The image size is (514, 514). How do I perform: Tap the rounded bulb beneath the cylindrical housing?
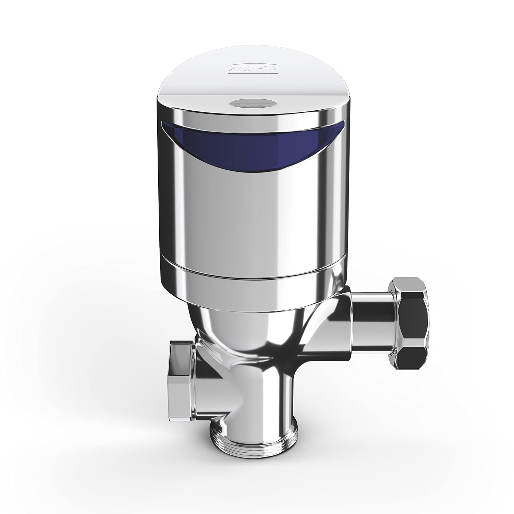pyautogui.click(x=247, y=329)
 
